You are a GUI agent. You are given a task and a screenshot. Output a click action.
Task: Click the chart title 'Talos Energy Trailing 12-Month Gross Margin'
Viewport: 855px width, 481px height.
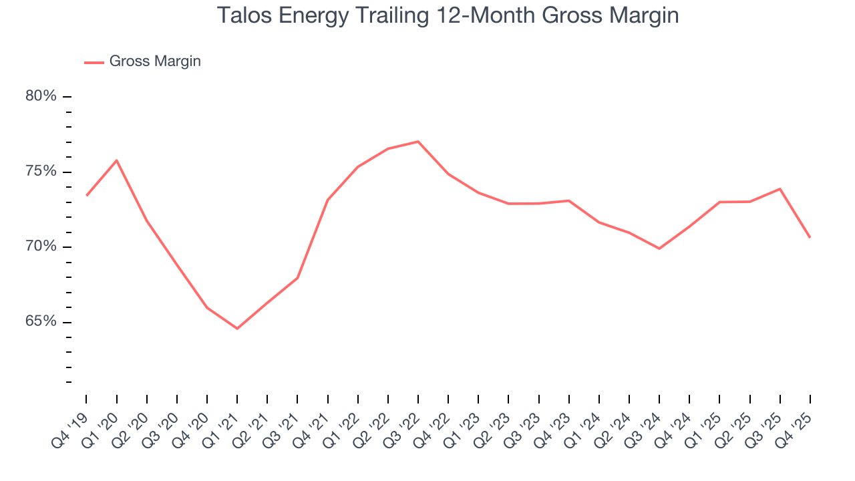click(448, 15)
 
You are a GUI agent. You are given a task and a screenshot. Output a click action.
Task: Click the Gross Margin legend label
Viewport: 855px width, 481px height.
click(155, 61)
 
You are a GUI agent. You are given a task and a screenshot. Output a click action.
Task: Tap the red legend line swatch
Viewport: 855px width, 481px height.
click(94, 62)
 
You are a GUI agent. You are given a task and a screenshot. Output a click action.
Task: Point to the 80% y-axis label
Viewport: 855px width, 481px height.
click(41, 96)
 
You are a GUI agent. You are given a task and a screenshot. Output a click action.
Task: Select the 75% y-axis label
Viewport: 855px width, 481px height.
click(41, 172)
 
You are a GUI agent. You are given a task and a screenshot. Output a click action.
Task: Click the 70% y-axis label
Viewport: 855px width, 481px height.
click(41, 247)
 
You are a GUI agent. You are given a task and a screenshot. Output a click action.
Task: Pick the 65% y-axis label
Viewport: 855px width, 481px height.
click(41, 322)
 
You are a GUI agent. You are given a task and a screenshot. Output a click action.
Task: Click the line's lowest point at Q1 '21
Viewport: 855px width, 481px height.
click(237, 328)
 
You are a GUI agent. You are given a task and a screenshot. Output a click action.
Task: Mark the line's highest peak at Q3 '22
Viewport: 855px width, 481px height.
click(418, 142)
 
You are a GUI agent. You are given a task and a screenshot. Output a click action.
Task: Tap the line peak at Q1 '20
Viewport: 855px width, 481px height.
click(117, 160)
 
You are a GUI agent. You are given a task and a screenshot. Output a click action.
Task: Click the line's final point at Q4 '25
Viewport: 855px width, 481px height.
click(810, 237)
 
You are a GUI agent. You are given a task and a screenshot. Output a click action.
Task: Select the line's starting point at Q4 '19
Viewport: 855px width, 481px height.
click(87, 195)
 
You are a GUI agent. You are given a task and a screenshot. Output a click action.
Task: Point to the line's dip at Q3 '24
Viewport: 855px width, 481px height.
click(659, 249)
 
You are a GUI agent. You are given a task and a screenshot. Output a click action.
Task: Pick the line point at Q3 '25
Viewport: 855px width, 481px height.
click(780, 189)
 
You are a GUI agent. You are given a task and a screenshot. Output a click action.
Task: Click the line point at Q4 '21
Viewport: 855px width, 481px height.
click(327, 200)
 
